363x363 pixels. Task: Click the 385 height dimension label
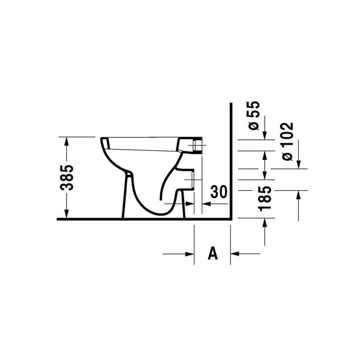(67, 178)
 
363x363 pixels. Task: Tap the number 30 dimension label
(218, 192)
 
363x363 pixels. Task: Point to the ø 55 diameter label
(254, 116)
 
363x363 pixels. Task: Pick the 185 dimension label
(265, 199)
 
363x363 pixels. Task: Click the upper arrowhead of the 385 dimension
(67, 141)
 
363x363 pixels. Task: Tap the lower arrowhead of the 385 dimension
(67, 213)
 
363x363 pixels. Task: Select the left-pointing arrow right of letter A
(245, 254)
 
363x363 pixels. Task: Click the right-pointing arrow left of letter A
(178, 254)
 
